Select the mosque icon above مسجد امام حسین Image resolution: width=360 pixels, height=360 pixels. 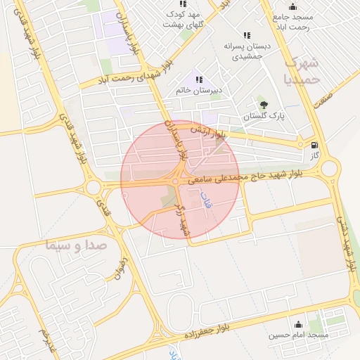point(300,324)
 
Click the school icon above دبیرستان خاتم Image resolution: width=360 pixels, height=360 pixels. point(199,79)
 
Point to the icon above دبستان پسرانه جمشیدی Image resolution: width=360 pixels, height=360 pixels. point(246,34)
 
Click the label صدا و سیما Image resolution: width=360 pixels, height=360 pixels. point(74,246)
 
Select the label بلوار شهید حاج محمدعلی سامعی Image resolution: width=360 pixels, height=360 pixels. point(246,175)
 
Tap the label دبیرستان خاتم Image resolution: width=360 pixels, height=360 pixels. point(198,91)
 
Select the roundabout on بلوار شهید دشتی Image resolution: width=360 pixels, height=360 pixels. point(330,167)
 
